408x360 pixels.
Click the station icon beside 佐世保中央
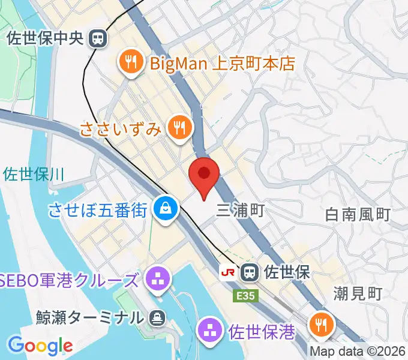(96, 39)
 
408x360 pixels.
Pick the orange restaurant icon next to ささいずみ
(179, 127)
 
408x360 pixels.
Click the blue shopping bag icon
(164, 209)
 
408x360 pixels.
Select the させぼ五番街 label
(97, 210)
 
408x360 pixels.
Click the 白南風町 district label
(358, 214)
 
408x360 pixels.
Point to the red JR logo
(228, 273)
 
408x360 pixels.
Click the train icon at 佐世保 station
(248, 273)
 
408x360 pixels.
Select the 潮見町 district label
(358, 293)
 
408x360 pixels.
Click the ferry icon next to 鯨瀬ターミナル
(157, 316)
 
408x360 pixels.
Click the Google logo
(40, 345)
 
